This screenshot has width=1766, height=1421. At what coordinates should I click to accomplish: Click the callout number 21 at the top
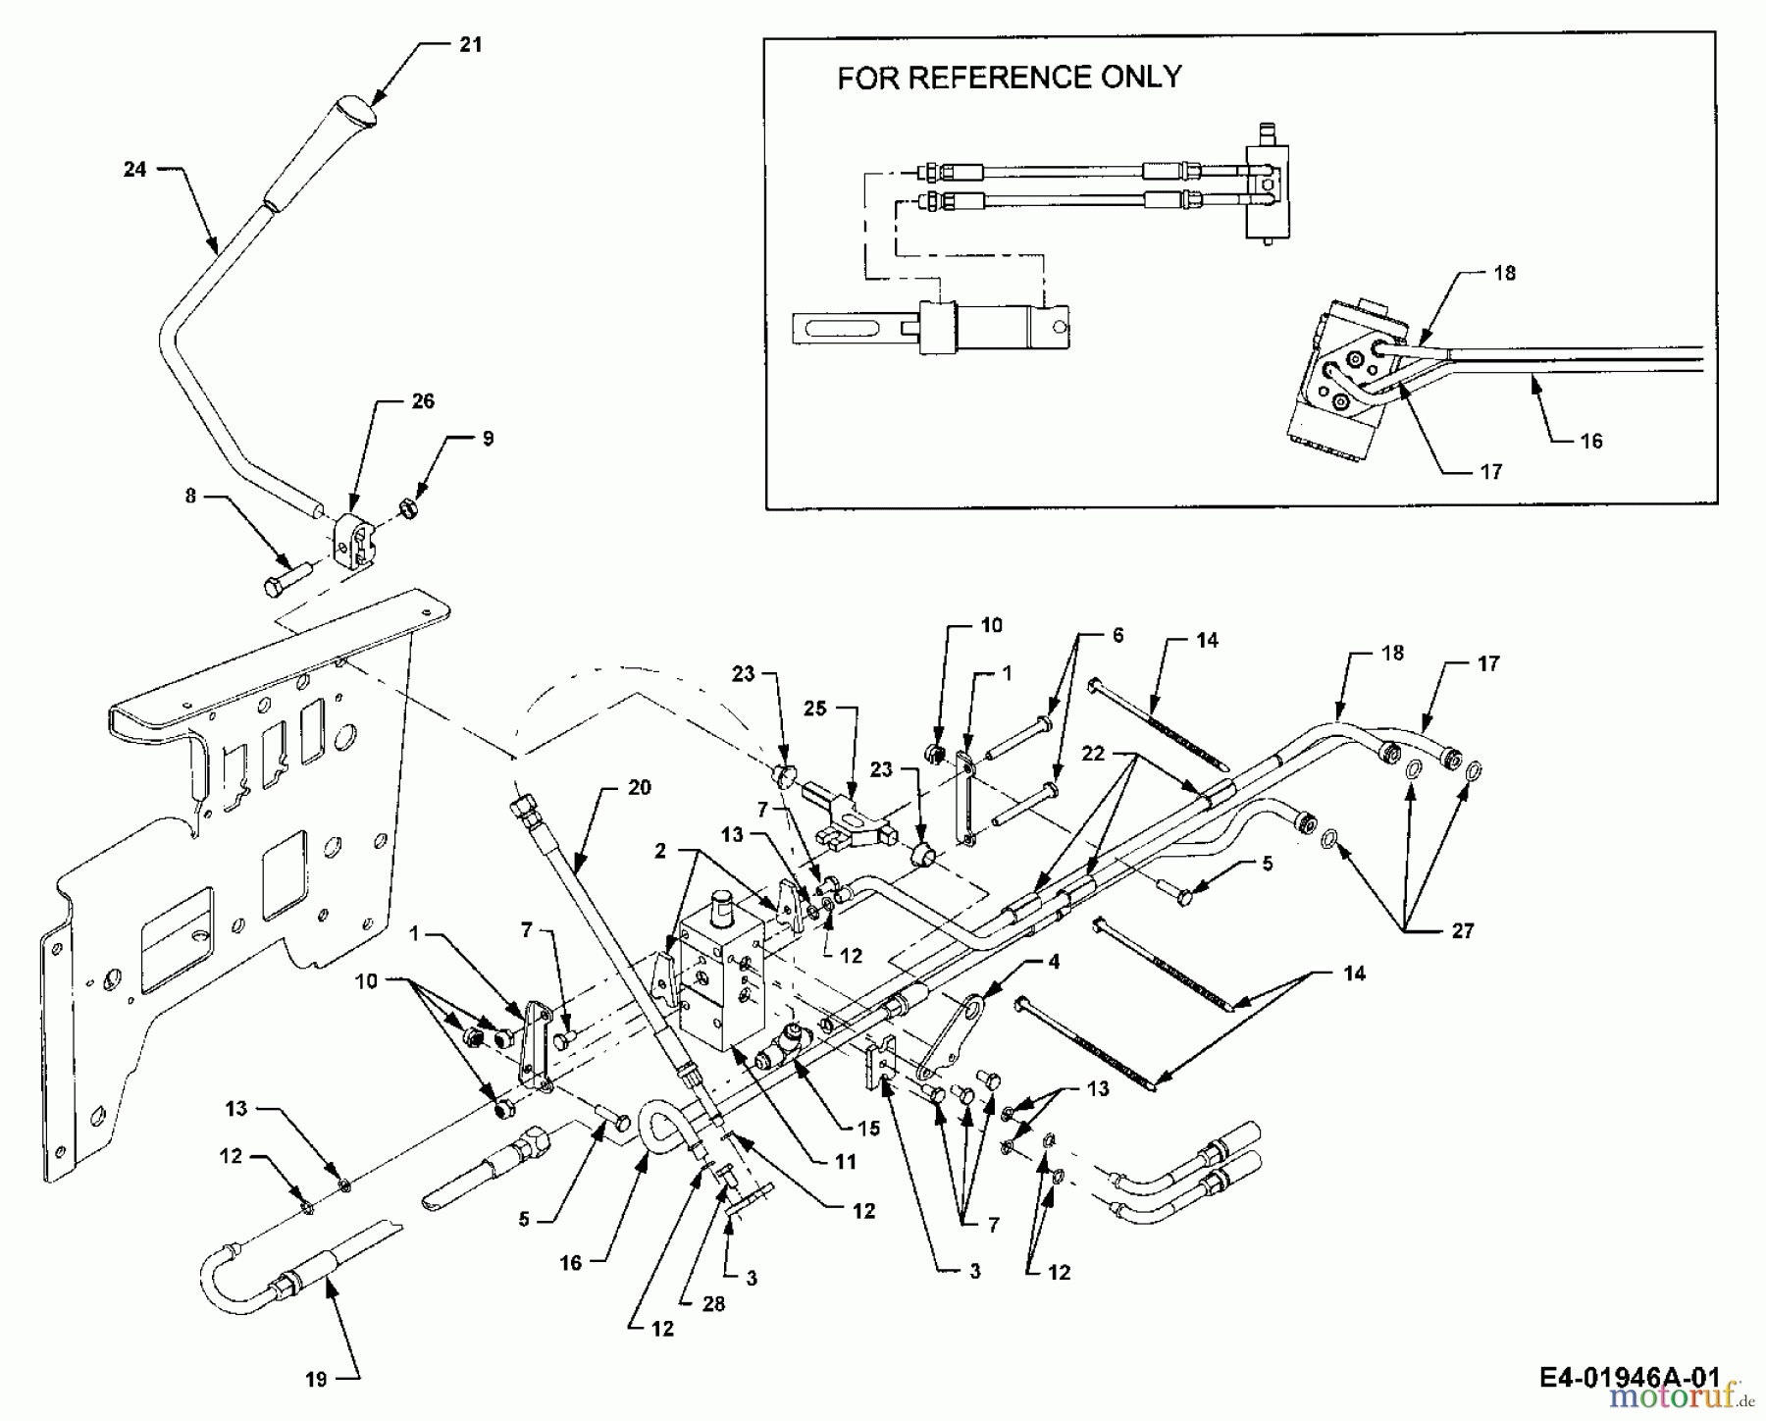[x=471, y=45]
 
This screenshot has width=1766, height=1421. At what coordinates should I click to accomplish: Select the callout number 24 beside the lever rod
[x=135, y=170]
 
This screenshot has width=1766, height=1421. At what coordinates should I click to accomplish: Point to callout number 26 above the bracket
[x=423, y=401]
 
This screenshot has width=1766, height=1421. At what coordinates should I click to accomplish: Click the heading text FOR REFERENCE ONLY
[x=1009, y=78]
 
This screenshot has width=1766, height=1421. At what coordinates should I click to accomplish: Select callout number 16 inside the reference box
[x=1591, y=442]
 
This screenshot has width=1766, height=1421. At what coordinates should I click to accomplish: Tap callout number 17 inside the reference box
[x=1491, y=472]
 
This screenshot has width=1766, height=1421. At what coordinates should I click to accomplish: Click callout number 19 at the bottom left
[x=316, y=1380]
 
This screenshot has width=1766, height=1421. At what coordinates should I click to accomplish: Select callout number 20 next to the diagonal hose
[x=639, y=788]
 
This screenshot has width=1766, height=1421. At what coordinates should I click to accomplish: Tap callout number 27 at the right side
[x=1463, y=930]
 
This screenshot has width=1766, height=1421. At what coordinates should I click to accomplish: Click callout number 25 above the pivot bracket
[x=815, y=709]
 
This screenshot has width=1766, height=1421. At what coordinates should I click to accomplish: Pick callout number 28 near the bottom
[x=714, y=1304]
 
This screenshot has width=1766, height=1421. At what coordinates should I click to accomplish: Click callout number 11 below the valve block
[x=846, y=1162]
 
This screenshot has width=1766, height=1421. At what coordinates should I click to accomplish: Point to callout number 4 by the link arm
[x=1054, y=963]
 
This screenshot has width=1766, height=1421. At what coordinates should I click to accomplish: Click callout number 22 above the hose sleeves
[x=1093, y=754]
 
